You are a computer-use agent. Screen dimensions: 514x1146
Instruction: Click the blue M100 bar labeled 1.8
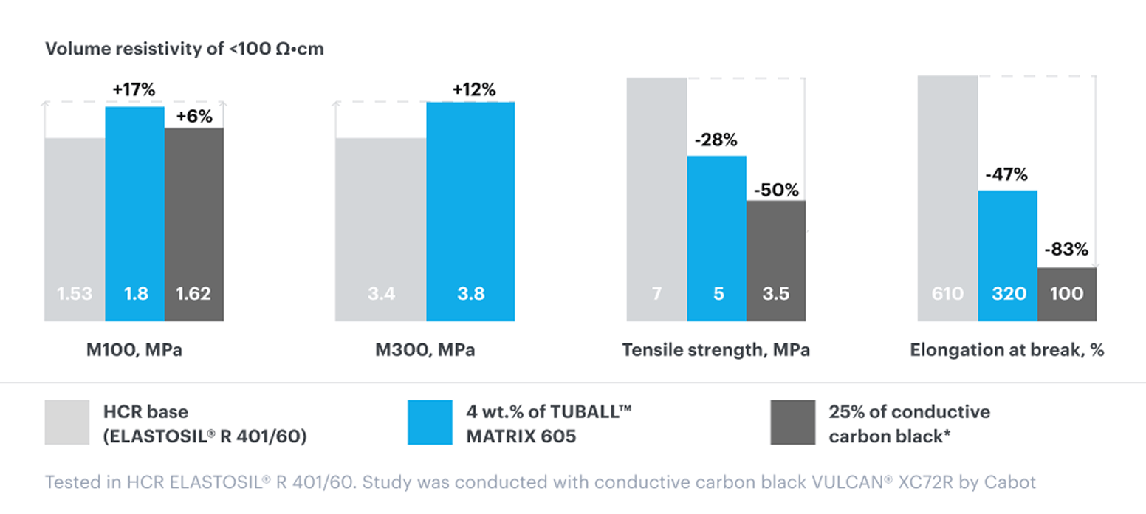tap(134, 214)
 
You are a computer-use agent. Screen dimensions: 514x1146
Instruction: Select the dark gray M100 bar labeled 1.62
tap(194, 225)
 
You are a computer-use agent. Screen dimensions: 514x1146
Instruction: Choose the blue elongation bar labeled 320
tap(1008, 256)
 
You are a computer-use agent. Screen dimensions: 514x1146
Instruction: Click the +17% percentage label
tap(134, 90)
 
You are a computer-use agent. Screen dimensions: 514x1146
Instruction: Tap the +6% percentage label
tap(193, 116)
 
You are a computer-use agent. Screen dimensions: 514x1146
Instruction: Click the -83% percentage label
tap(1066, 250)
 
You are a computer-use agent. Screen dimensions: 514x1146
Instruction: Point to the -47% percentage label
tap(1006, 176)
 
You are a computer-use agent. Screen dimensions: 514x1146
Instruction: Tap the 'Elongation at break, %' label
tap(1007, 350)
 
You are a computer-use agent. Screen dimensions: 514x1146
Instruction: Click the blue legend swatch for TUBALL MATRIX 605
tap(430, 422)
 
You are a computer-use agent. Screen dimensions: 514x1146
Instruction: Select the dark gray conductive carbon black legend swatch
tap(792, 422)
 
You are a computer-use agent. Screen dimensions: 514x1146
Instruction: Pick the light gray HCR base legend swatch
tap(67, 422)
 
